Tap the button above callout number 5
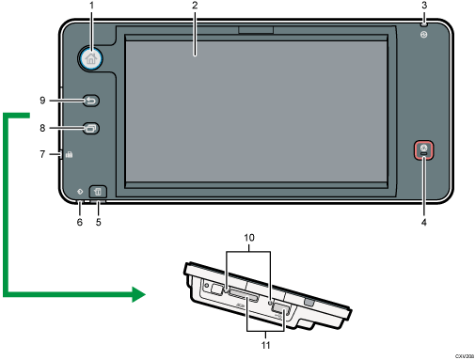point(100,194)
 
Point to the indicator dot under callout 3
point(424,35)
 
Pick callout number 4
point(424,224)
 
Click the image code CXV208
point(462,357)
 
